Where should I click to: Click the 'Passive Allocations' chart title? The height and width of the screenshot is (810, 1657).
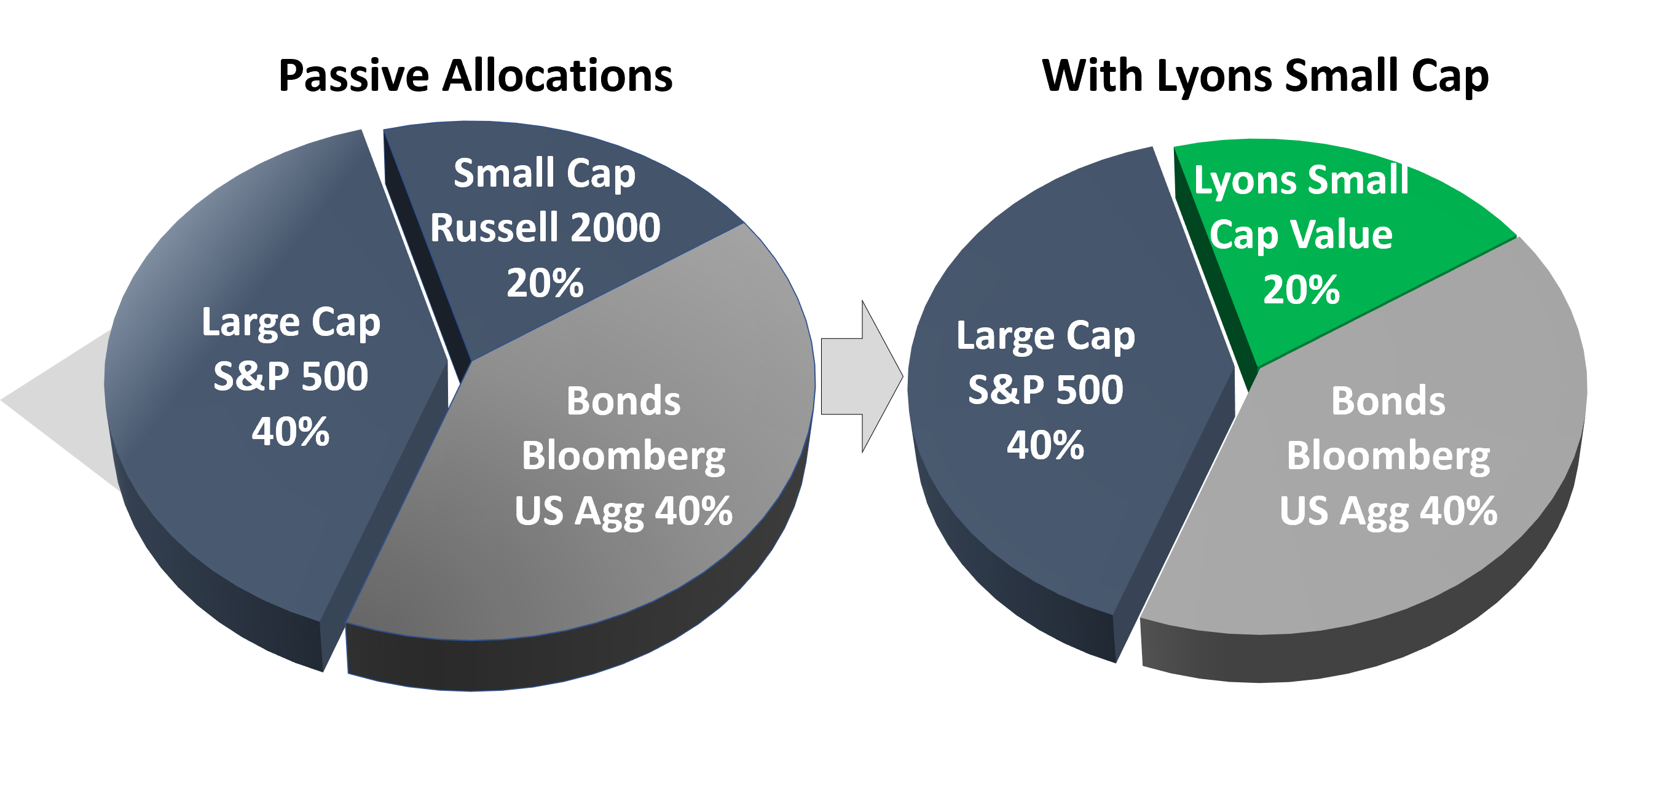[x=475, y=77]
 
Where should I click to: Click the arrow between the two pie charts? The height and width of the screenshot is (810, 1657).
[x=862, y=376]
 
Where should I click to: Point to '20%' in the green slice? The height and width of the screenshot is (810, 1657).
[x=1301, y=290]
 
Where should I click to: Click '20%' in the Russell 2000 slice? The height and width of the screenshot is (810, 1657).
[x=545, y=283]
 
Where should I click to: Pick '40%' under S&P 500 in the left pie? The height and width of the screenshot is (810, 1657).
[x=290, y=431]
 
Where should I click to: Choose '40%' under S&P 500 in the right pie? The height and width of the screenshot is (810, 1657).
[x=1045, y=445]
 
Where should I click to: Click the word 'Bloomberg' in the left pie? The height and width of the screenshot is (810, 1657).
[x=623, y=458]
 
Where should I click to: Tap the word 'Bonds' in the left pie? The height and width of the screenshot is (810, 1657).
[x=623, y=401]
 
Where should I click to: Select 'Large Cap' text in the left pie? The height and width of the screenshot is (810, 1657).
[x=290, y=324]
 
